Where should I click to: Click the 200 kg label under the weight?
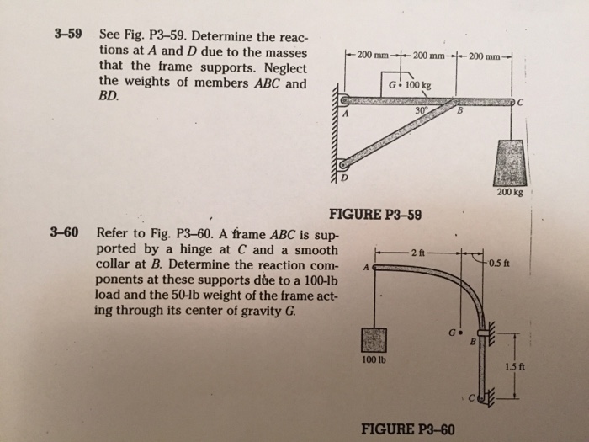pyautogui.click(x=511, y=192)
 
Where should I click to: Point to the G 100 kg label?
pyautogui.click(x=410, y=86)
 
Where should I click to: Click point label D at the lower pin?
pyautogui.click(x=343, y=178)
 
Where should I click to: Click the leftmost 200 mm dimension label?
pyautogui.click(x=370, y=56)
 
